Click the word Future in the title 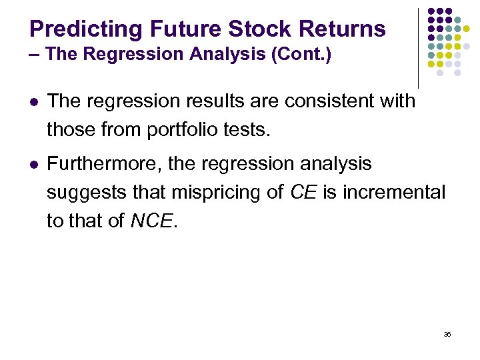[185, 29]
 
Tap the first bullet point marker [33, 102]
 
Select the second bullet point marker [33, 164]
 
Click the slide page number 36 [447, 334]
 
